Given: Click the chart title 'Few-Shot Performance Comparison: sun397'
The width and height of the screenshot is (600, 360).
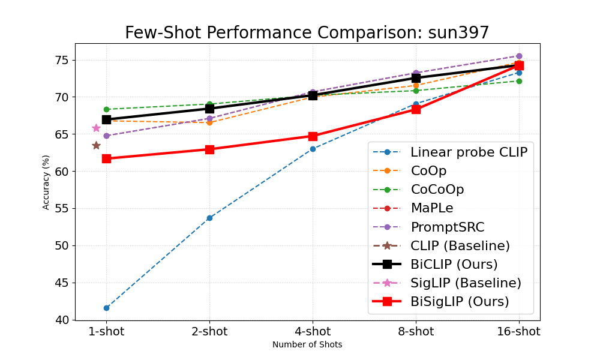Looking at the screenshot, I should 307,33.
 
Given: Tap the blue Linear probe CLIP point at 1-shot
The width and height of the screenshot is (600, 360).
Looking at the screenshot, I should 106,308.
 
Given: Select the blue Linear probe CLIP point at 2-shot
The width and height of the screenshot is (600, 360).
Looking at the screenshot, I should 209,218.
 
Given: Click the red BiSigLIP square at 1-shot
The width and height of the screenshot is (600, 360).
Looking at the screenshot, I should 106,158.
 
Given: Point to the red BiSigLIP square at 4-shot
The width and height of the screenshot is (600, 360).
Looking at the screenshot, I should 313,136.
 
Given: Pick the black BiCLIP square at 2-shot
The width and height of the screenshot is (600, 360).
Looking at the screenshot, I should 209,109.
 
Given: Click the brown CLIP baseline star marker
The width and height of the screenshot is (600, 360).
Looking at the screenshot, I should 96,145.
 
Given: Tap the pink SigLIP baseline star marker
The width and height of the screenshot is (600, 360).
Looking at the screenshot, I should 96,128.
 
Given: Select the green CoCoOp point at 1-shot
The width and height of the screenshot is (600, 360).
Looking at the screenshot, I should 106,109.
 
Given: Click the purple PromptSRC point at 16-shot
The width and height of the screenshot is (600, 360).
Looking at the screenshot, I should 519,56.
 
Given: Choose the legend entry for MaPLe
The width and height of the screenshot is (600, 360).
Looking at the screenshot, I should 432,208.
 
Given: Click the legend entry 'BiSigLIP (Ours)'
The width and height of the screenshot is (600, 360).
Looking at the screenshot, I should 460,301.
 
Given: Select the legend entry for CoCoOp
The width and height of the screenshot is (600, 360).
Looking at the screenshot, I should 437,190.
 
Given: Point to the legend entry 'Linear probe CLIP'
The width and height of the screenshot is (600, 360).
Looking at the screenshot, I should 469,152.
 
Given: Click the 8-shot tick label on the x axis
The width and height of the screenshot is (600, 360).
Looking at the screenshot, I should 416,331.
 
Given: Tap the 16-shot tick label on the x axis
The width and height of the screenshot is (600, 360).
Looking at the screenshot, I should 519,331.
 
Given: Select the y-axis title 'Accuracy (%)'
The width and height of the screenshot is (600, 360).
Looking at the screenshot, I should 46,182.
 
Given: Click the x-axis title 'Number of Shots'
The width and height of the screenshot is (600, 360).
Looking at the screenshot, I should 307,345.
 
